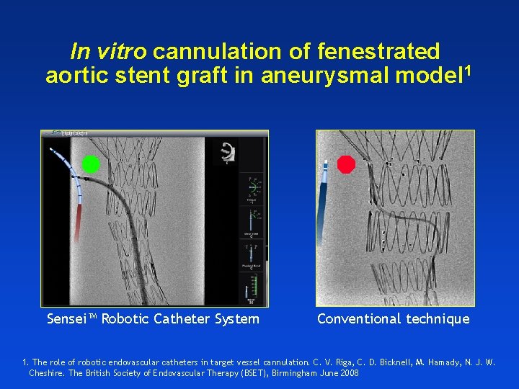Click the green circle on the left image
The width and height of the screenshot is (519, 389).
pyautogui.click(x=91, y=164)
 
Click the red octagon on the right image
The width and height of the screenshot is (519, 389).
pyautogui.click(x=347, y=164)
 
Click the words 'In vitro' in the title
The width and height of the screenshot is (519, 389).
pyautogui.click(x=109, y=52)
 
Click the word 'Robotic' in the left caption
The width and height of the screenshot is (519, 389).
pyautogui.click(x=125, y=318)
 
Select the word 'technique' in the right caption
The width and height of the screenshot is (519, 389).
pyautogui.click(x=437, y=318)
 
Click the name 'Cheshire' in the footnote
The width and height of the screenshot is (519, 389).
pyautogui.click(x=45, y=372)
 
